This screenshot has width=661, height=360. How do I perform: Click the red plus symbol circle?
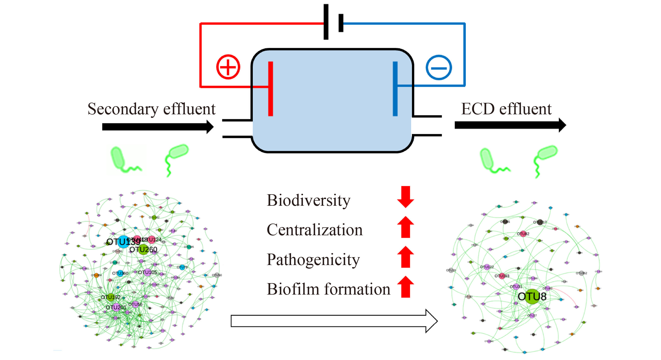click(x=228, y=67)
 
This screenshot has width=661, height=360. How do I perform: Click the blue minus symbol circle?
click(x=439, y=67)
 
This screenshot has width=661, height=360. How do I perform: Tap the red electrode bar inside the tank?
click(x=270, y=89)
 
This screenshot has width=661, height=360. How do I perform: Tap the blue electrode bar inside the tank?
click(x=395, y=89)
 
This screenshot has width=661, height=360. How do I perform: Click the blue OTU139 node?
click(x=123, y=242)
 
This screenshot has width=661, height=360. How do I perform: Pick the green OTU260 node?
click(x=143, y=249)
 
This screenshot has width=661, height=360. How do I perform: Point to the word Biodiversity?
click(x=308, y=200)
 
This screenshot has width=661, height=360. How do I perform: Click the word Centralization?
click(x=314, y=230)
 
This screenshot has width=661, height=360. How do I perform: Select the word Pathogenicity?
click(x=313, y=260)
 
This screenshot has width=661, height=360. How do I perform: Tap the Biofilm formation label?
click(x=328, y=289)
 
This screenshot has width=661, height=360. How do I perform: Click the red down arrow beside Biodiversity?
click(x=405, y=197)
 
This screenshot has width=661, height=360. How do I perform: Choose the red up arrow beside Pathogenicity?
click(x=405, y=257)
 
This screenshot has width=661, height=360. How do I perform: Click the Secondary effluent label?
click(x=151, y=109)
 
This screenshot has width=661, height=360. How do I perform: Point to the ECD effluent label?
click(x=506, y=109)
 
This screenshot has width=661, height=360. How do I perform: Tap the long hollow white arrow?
click(x=334, y=321)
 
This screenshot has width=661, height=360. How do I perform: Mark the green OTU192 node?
click(x=110, y=297)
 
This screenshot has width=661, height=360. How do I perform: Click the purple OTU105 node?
click(x=147, y=272)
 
